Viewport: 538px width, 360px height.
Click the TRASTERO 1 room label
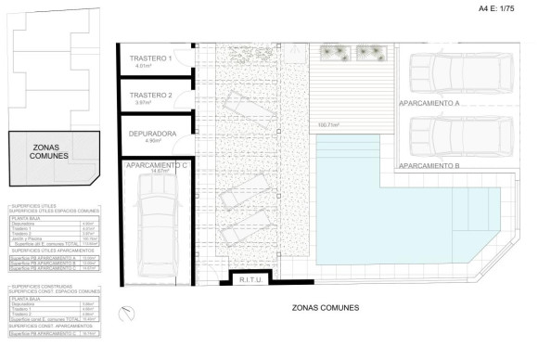click(x=151, y=58)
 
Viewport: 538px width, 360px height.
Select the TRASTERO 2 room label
click(x=151, y=96)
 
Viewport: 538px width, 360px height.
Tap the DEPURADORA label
click(x=153, y=133)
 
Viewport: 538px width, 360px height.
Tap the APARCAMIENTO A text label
click(x=429, y=104)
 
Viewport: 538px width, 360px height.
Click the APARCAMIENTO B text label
click(x=429, y=166)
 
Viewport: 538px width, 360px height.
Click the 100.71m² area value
click(x=328, y=125)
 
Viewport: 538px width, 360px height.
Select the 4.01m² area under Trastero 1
click(x=143, y=66)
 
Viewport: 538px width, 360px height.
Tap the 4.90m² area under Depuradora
click(x=143, y=141)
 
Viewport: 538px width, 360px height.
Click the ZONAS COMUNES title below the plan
click(x=325, y=307)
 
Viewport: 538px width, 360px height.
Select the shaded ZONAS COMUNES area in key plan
click(x=51, y=156)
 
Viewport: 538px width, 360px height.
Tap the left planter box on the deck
click(x=335, y=52)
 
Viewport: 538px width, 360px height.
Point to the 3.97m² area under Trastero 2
click(x=143, y=103)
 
